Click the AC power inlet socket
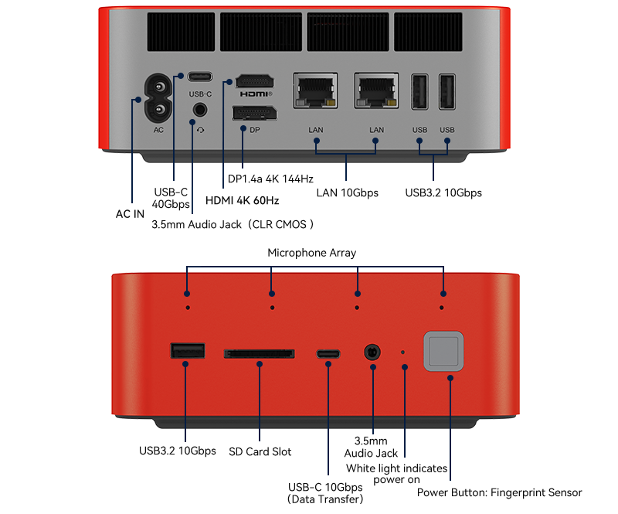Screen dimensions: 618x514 (158, 98)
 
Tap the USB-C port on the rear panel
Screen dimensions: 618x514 (200, 77)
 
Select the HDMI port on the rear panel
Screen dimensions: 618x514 (255, 82)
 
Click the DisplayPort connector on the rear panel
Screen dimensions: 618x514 (255, 114)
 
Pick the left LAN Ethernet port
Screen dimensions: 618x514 (315, 90)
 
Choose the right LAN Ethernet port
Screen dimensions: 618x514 (376, 90)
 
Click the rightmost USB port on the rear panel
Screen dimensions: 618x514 (447, 92)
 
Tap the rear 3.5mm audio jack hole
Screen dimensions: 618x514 (200, 109)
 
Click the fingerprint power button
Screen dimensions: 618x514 (443, 351)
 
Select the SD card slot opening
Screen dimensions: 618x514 (260, 353)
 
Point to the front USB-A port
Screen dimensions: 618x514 (188, 351)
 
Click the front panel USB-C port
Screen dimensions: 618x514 (328, 354)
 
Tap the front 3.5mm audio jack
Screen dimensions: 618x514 (372, 352)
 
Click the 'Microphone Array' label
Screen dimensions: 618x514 (312, 253)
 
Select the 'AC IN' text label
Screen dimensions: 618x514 (130, 214)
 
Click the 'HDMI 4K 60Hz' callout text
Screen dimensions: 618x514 (242, 200)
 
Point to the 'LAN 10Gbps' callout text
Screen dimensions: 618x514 (347, 193)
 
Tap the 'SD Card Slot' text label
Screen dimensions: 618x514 (260, 451)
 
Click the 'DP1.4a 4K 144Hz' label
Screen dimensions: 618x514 (270, 179)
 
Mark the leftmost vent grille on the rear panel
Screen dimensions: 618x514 (181, 32)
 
